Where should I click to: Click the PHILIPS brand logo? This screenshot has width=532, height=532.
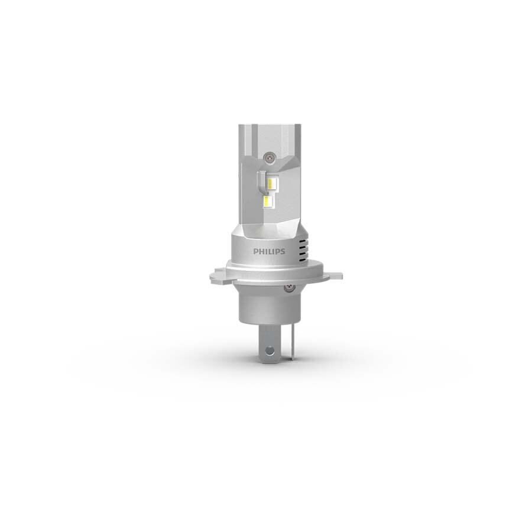[x=270, y=251]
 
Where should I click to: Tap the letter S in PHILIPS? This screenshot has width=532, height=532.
[x=283, y=251]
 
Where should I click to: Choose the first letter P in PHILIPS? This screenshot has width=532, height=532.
[x=257, y=251]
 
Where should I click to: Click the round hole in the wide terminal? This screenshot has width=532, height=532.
[x=270, y=349]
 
